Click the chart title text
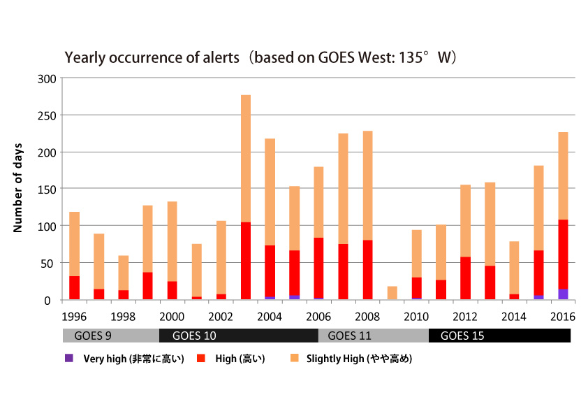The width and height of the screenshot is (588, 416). [x=260, y=57]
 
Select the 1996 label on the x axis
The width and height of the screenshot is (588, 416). [x=74, y=315]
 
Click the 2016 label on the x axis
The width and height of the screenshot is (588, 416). [x=563, y=315]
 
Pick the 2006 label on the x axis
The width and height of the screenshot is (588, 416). [x=318, y=315]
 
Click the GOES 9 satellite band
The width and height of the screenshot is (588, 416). [x=110, y=336]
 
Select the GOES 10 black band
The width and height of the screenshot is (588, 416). [x=238, y=336]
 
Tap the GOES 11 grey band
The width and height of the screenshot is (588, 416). [x=373, y=336]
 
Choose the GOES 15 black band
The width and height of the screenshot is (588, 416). [x=499, y=336]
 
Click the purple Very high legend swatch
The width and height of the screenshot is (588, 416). [x=68, y=358]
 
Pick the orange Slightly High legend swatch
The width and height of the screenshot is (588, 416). [x=294, y=358]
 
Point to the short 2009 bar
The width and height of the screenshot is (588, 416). [x=392, y=293]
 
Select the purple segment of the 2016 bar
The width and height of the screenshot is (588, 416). [x=563, y=294]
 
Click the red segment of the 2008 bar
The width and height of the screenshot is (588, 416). [x=367, y=270]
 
